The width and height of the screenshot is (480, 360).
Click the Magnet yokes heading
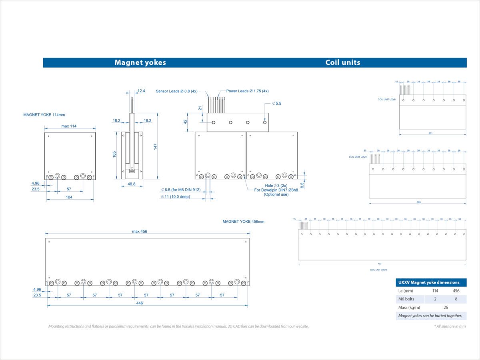pyautogui.click(x=140, y=62)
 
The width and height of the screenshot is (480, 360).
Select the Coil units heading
pyautogui.click(x=342, y=62)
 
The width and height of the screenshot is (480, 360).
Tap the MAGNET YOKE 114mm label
pyautogui.click(x=44, y=115)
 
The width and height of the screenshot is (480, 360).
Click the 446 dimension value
pyautogui.click(x=139, y=303)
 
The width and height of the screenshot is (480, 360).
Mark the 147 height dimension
pyautogui.click(x=155, y=146)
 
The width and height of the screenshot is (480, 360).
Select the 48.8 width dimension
pyautogui.click(x=131, y=184)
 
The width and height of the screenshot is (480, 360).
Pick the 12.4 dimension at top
pyautogui.click(x=141, y=91)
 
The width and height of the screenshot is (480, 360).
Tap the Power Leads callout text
pyautogui.click(x=247, y=91)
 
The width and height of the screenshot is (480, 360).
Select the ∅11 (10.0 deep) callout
pyautogui.click(x=180, y=197)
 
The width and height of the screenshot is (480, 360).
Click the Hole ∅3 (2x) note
pyautogui.click(x=276, y=186)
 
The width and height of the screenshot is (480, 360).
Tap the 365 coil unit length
pyautogui.click(x=418, y=202)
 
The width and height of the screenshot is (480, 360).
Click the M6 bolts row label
pyautogui.click(x=406, y=299)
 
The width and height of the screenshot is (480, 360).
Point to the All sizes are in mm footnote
pyautogui.click(x=450, y=326)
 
